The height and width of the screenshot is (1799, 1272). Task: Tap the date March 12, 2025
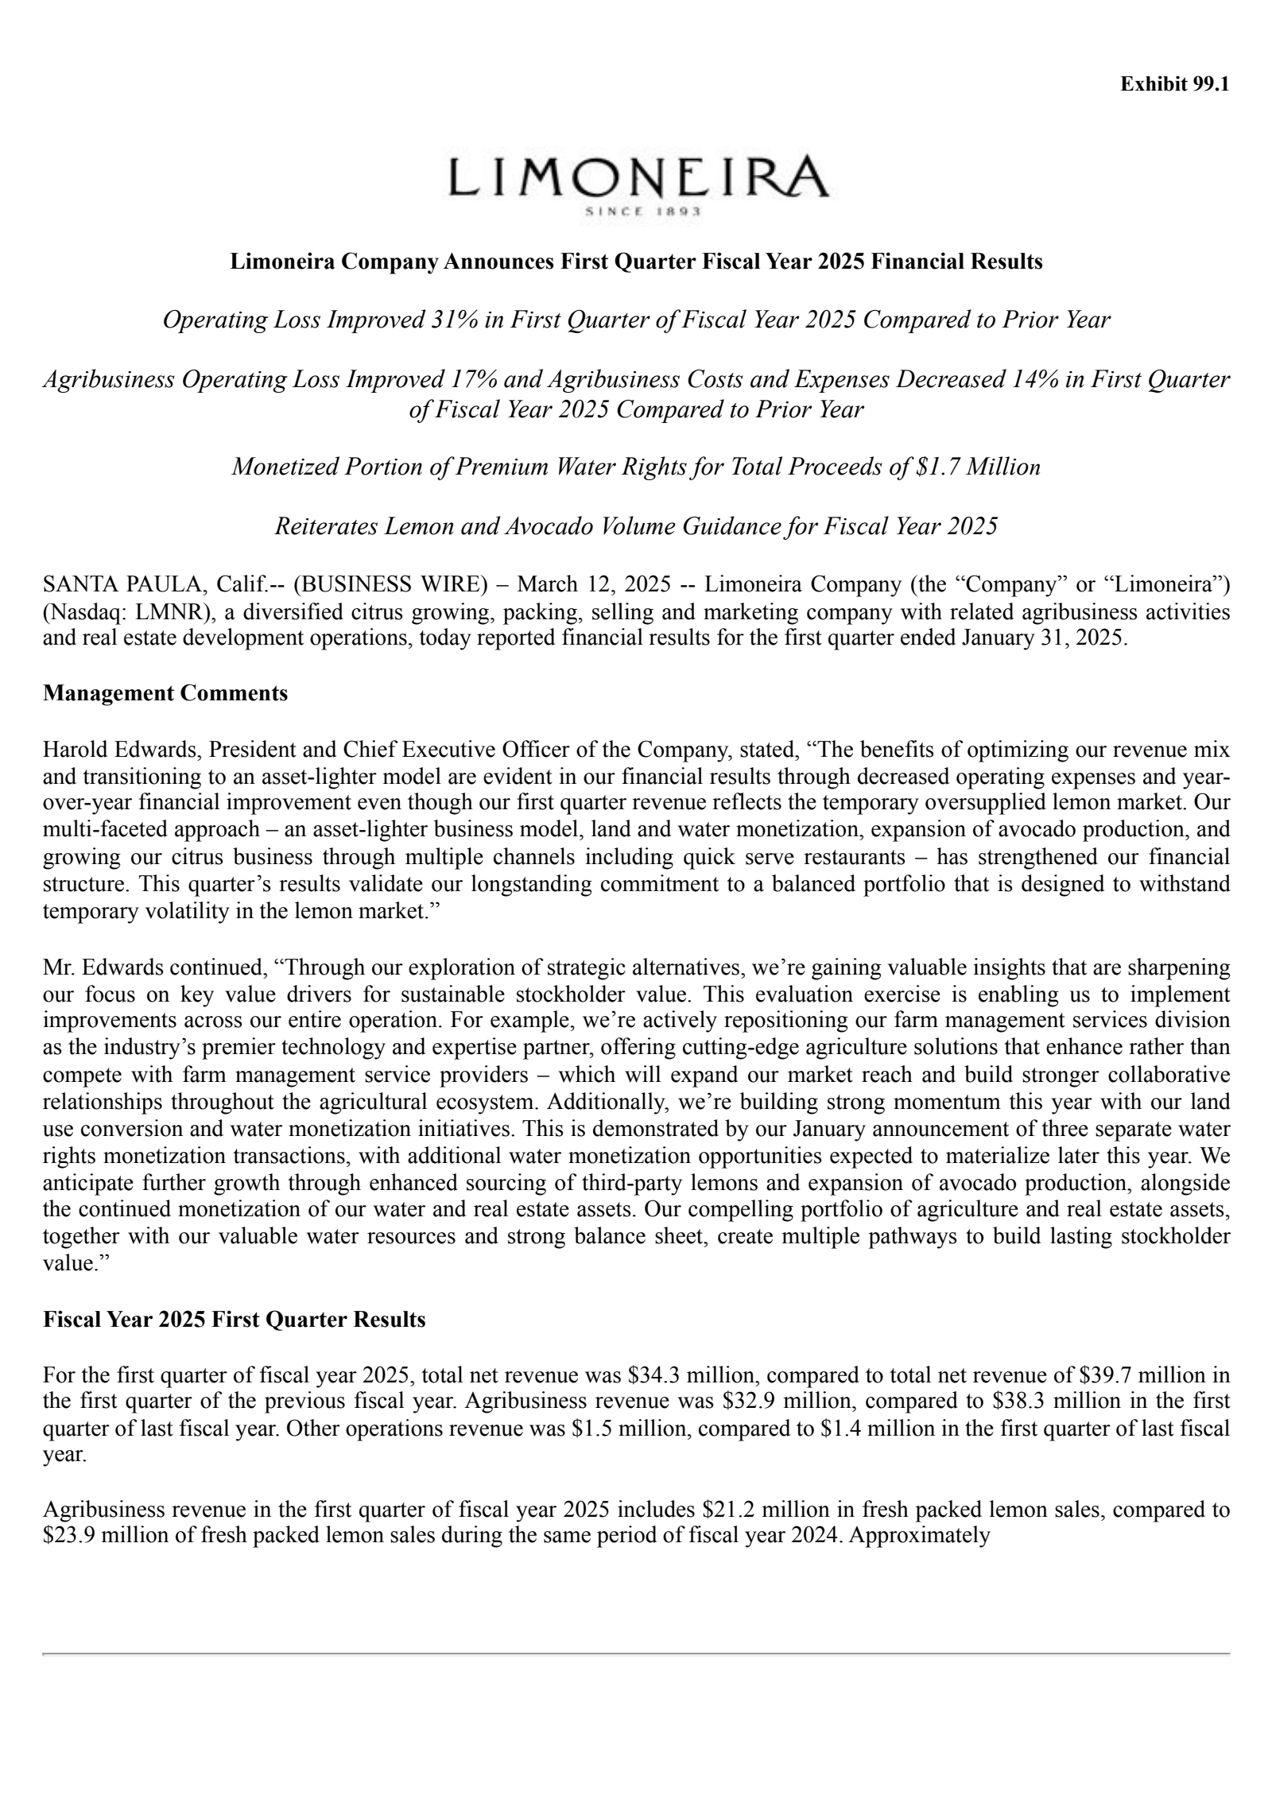pos(583,585)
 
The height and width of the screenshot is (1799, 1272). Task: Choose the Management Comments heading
pos(165,693)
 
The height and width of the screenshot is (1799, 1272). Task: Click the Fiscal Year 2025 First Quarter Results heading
pos(235,1320)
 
